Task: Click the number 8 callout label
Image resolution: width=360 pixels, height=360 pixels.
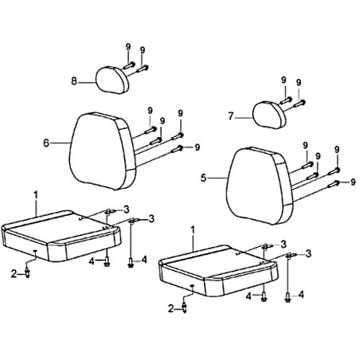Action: point(74,81)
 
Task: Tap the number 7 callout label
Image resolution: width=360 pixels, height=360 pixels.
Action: point(231,116)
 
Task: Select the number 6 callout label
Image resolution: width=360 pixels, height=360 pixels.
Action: point(46,143)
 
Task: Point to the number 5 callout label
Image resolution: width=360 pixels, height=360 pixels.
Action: point(203,178)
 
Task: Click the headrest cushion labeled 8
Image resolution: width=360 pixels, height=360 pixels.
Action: point(112,80)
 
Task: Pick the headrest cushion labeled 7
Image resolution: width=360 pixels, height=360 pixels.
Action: point(269,115)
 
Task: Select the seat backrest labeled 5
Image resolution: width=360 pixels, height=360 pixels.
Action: point(260,186)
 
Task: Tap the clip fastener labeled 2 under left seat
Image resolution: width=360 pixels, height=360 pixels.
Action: point(28,272)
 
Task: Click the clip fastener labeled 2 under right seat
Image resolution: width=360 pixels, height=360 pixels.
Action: point(184,308)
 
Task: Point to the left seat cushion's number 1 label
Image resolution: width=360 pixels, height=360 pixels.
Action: point(36,194)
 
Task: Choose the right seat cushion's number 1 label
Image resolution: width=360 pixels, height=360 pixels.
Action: point(193,230)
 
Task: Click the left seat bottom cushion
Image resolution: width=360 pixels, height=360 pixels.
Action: point(61,236)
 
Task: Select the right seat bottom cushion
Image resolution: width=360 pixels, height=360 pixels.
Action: point(218,271)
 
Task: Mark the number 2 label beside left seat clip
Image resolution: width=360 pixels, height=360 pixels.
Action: point(14,273)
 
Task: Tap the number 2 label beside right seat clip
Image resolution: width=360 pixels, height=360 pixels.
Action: point(171,309)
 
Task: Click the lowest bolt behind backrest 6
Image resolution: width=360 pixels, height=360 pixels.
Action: point(178,149)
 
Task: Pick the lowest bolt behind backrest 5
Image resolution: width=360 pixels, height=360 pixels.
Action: point(334,184)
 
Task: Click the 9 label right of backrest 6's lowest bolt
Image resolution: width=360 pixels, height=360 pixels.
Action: point(197,147)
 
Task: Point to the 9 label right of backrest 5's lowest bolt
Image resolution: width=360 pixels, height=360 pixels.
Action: point(353,182)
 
